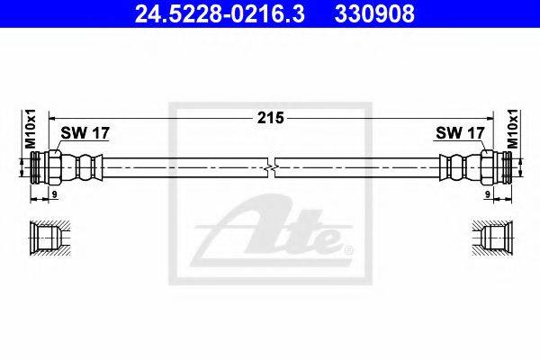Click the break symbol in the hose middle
pyautogui.click(x=271, y=167)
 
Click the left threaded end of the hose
pyautogui.click(x=33, y=167)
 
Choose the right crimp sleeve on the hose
pyautogui.click(x=455, y=167)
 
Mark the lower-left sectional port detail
pyautogui.click(x=45, y=239)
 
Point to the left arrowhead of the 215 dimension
pyautogui.click(x=51, y=118)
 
